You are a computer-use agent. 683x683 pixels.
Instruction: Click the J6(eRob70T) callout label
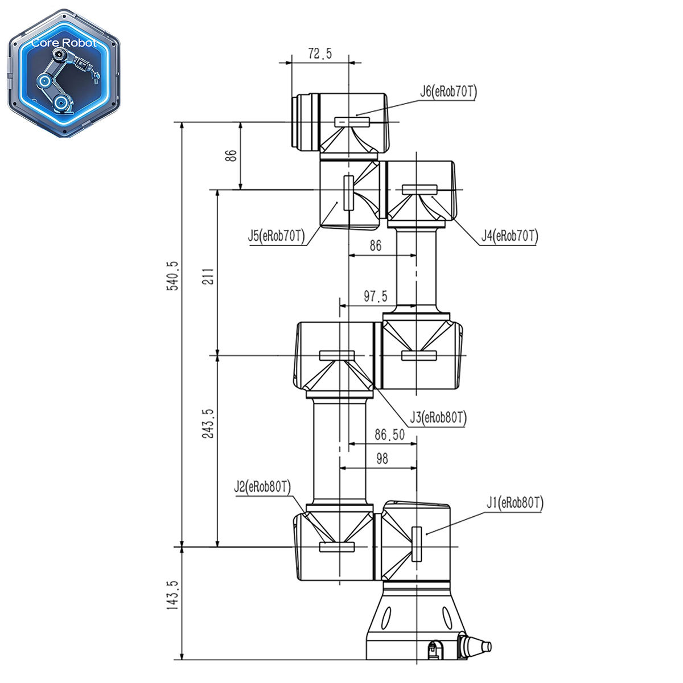point(449,92)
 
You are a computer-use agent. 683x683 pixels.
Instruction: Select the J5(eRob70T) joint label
point(277,236)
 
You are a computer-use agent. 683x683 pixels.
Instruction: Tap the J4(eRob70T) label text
point(509,235)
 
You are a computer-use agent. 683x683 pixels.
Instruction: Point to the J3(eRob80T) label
point(438,418)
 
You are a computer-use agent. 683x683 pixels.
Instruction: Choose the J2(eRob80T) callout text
point(262,487)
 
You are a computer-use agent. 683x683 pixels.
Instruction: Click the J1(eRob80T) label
point(515,503)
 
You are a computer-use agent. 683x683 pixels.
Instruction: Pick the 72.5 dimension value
point(320,54)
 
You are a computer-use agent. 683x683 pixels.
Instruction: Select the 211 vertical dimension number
point(209,276)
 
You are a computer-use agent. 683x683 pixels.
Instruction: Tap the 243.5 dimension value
point(208,423)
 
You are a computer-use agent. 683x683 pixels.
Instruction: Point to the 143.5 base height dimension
point(172,595)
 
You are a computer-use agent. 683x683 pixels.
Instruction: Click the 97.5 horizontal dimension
point(376,296)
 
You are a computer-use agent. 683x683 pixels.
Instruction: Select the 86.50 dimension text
point(390,435)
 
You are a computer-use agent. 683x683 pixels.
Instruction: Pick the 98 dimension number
point(382,459)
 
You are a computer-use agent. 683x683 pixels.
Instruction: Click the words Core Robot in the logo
point(64,43)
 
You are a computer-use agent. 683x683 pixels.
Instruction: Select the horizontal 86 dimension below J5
point(375,245)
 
